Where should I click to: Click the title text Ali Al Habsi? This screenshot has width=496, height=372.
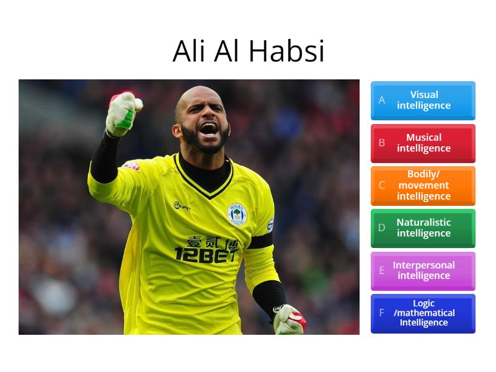[248, 51]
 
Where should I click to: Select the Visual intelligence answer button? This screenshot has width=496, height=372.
[423, 100]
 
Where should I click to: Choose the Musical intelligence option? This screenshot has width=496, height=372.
[423, 143]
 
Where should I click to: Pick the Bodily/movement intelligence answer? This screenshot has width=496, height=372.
[423, 185]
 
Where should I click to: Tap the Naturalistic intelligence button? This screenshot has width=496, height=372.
[423, 228]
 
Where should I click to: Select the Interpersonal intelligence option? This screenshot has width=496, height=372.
[423, 270]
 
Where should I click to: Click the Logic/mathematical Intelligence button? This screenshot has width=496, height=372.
[423, 313]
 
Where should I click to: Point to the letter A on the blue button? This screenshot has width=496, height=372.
[382, 100]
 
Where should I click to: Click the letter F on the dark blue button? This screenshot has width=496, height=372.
[382, 313]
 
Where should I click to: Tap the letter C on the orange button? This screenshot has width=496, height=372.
[382, 185]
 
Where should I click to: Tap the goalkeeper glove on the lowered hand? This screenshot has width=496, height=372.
[289, 319]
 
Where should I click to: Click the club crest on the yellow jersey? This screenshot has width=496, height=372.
[237, 214]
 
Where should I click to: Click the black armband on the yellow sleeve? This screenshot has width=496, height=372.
[260, 241]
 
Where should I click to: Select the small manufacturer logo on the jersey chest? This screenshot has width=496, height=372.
[181, 206]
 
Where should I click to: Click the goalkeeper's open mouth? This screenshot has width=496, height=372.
[208, 129]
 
